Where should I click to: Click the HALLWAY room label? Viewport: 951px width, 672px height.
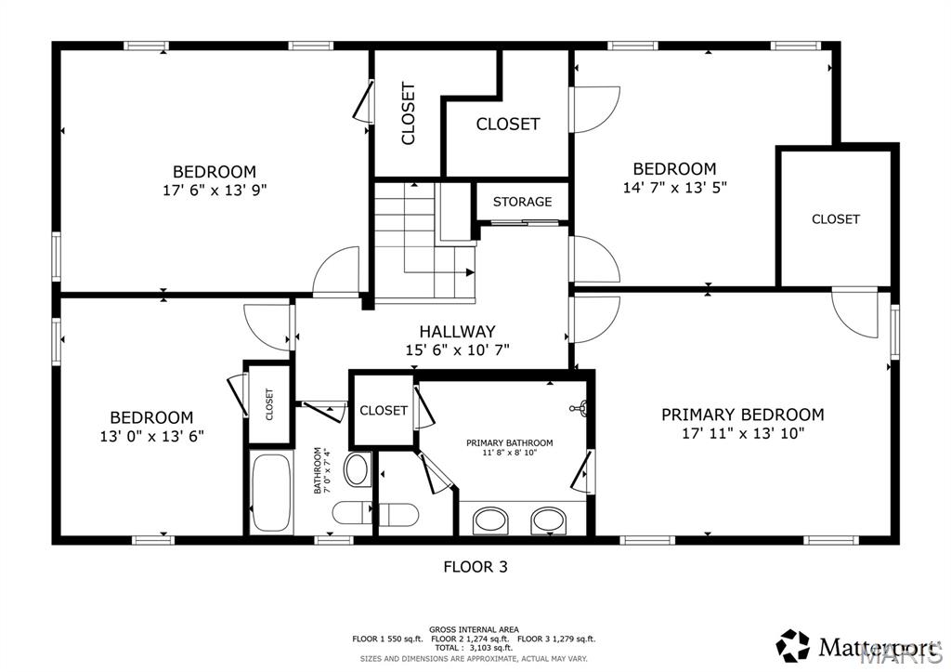(x=456, y=331)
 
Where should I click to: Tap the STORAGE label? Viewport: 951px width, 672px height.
(x=522, y=202)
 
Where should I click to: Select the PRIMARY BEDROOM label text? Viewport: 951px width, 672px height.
(x=742, y=415)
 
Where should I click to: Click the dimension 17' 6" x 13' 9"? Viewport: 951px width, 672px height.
(x=214, y=190)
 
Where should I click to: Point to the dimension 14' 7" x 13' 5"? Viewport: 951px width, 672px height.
(x=674, y=187)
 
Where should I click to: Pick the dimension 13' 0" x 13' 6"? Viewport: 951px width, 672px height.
(x=151, y=435)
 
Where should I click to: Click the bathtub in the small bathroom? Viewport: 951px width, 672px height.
(x=271, y=493)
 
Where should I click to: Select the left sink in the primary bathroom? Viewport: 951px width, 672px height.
(x=490, y=520)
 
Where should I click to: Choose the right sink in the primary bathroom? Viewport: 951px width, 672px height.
(x=549, y=520)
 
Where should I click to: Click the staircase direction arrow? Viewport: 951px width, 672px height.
(x=469, y=272)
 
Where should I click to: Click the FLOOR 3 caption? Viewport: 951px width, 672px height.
(x=475, y=565)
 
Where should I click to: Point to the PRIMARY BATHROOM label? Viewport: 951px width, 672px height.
(x=509, y=442)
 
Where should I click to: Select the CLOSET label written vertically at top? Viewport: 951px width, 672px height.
(x=408, y=114)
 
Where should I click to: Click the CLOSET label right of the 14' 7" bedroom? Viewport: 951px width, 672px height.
(x=835, y=219)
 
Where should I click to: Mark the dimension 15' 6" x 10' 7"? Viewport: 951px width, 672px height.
(x=456, y=350)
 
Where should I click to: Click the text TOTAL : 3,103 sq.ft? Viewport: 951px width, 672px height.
(x=474, y=648)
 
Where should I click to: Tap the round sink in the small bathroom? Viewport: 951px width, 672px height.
(x=357, y=469)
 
